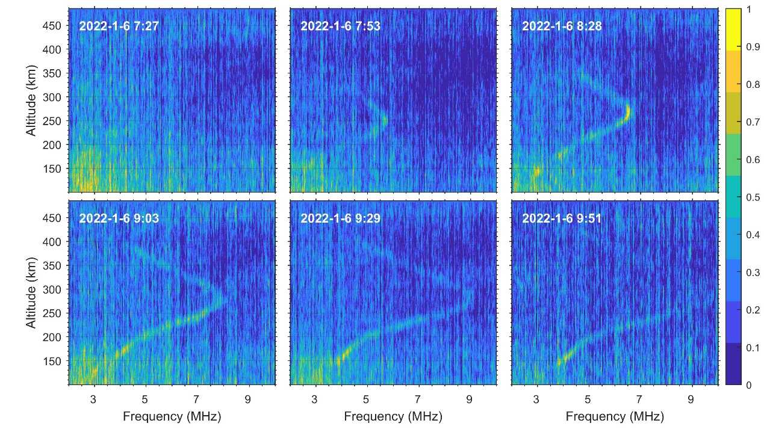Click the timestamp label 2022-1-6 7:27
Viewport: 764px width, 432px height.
(119, 26)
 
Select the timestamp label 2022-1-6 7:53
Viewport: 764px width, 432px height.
(340, 26)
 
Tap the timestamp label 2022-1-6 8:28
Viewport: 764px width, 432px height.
(562, 26)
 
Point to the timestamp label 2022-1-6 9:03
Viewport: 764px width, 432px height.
(119, 218)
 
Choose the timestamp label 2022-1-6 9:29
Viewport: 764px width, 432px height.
(340, 218)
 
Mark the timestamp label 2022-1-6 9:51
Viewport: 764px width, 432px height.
(562, 218)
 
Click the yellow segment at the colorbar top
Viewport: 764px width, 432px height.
(733, 28)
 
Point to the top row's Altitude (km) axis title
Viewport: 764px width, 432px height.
(31, 101)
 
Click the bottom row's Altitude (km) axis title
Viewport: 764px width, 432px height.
(31, 294)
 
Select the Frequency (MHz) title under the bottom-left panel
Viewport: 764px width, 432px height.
(172, 416)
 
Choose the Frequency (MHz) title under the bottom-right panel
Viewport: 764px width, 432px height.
(615, 416)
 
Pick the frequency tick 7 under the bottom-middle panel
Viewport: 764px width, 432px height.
(418, 398)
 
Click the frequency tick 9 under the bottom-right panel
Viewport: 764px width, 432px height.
(691, 398)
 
